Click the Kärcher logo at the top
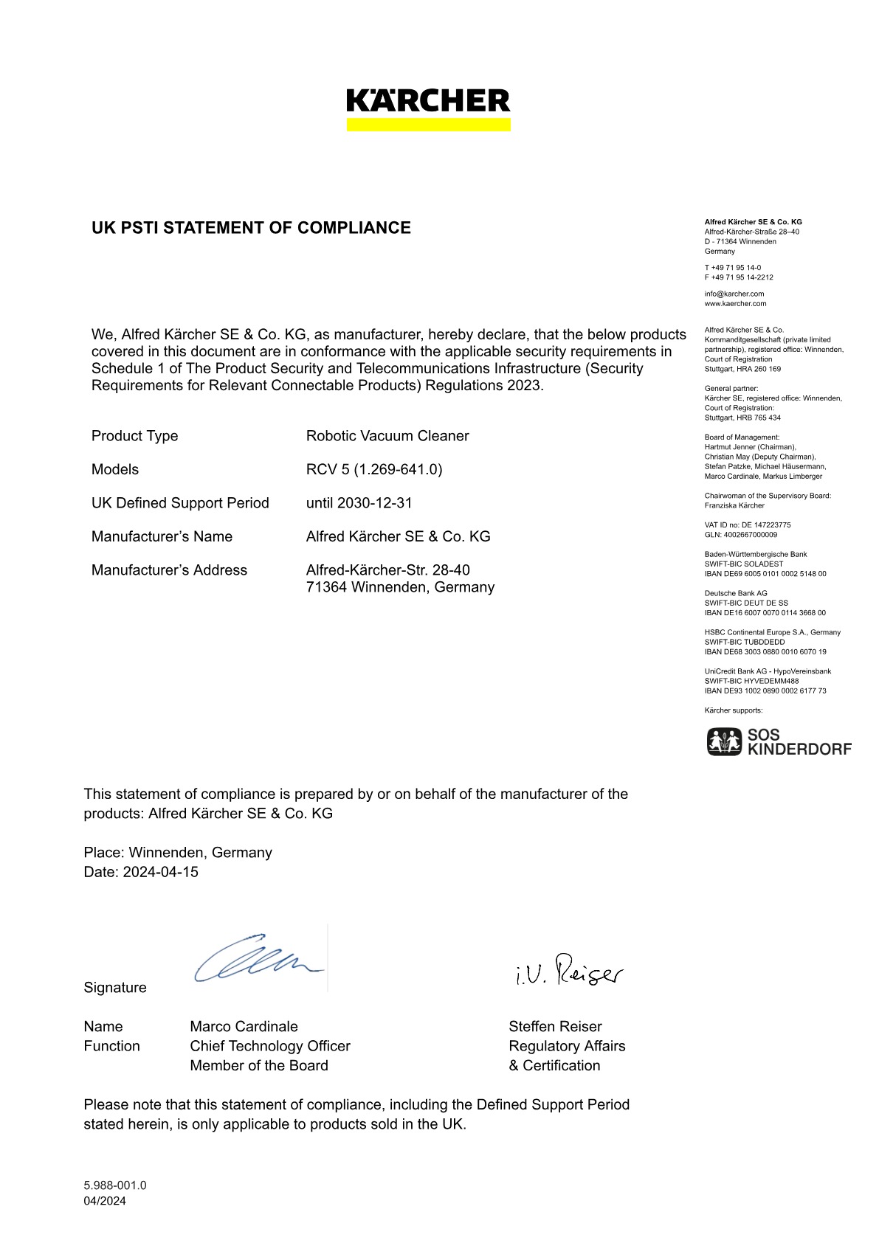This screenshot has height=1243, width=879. point(428,109)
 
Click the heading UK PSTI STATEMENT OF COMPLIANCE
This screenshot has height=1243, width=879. point(251,228)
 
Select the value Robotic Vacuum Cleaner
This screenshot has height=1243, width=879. point(387,436)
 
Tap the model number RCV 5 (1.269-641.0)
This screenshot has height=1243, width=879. point(374,470)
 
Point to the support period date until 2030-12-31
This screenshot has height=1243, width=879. point(359,503)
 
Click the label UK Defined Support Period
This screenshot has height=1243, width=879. point(180,503)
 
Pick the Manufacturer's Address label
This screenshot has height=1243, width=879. point(169,570)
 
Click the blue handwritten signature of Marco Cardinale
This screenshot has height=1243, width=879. point(258,960)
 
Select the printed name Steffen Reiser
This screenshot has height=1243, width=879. point(555,1027)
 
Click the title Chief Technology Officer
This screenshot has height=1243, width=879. point(270,1046)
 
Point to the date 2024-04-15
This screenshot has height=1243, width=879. point(160,872)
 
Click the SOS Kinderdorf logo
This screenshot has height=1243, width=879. point(779,741)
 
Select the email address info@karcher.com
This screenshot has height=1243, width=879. point(734,294)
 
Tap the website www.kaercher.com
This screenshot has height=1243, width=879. point(736,303)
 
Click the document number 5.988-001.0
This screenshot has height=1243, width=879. point(115,1185)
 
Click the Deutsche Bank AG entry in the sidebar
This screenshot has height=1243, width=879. point(736,593)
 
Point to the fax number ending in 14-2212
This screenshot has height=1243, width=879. point(739,277)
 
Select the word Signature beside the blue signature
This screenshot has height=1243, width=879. point(115,988)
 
